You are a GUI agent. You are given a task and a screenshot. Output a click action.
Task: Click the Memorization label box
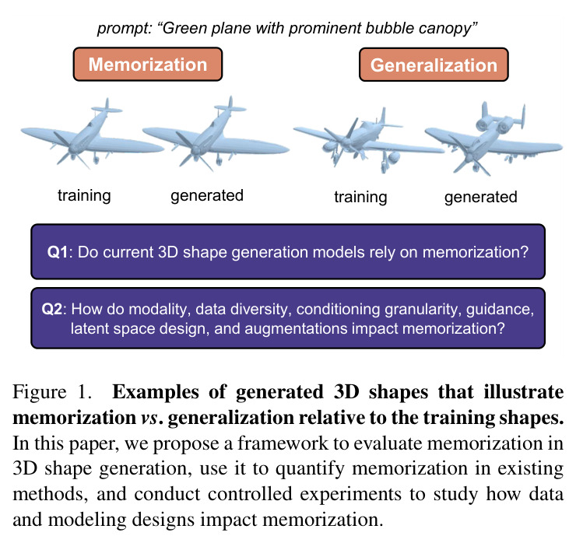(148, 65)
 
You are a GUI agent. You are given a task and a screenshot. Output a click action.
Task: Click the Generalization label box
(434, 65)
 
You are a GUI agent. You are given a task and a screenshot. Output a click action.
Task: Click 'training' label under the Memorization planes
(84, 196)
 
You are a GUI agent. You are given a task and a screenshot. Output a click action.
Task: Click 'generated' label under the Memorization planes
(207, 196)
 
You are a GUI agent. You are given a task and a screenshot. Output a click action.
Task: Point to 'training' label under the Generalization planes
(360, 197)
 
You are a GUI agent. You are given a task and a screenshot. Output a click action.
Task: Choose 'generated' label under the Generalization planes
(480, 197)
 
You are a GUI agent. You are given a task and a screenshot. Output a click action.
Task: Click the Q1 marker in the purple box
(58, 253)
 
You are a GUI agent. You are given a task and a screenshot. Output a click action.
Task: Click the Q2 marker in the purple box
(52, 309)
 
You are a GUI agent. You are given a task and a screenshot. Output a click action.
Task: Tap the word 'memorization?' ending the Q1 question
(475, 253)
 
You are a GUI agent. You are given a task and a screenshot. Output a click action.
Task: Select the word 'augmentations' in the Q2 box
(296, 328)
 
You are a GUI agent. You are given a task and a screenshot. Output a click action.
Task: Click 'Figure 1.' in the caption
(52, 392)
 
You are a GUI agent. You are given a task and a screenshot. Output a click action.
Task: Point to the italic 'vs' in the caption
(149, 418)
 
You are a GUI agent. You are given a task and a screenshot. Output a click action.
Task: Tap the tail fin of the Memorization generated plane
(230, 105)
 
